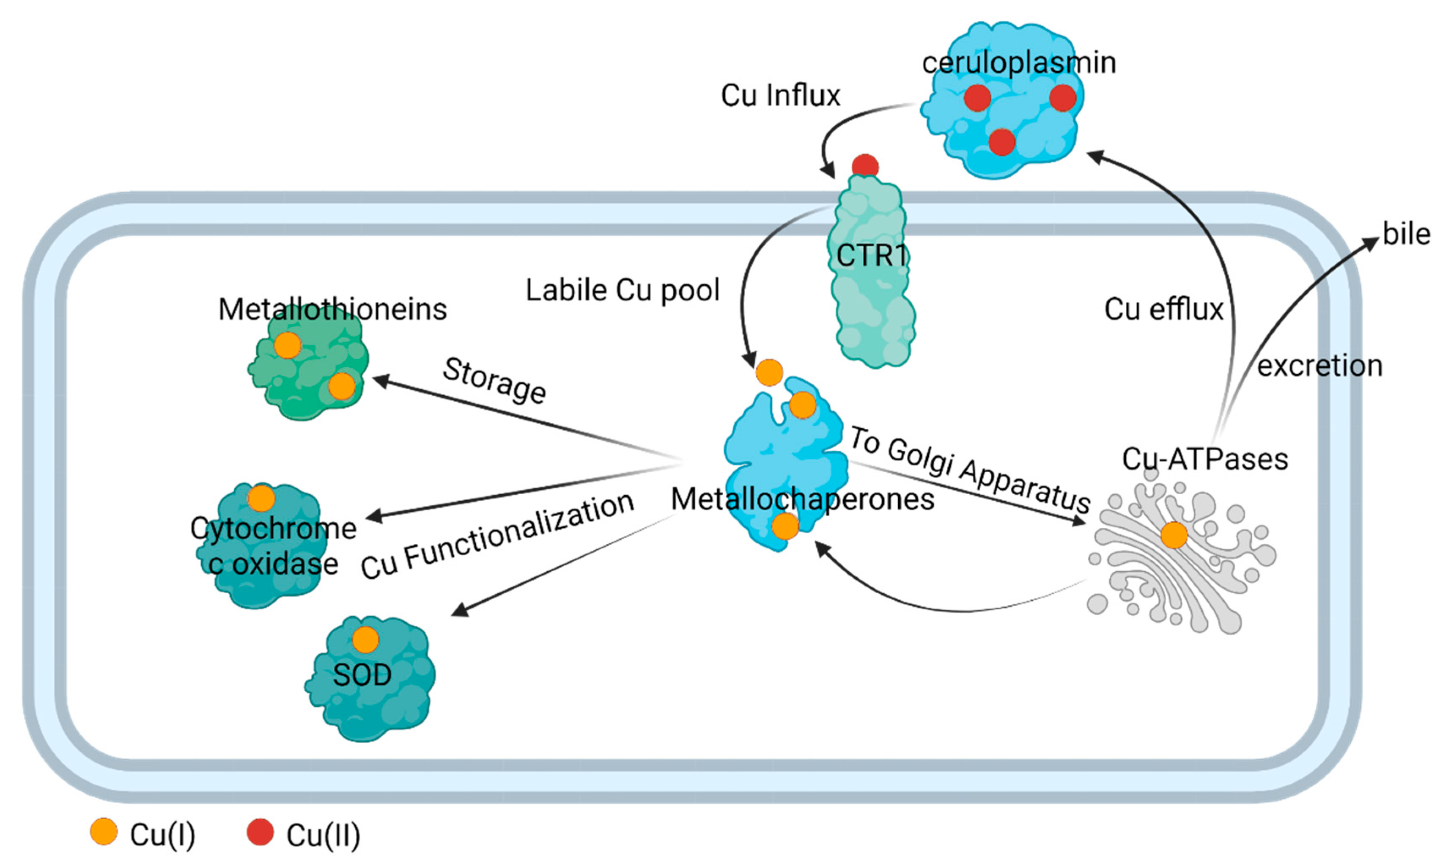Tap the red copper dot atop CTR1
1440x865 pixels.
pyautogui.click(x=865, y=166)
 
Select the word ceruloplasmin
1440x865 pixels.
pyautogui.click(x=1019, y=62)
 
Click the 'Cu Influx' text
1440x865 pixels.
pyautogui.click(x=781, y=95)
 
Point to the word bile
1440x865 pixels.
pyautogui.click(x=1406, y=234)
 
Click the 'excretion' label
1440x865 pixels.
pyautogui.click(x=1320, y=366)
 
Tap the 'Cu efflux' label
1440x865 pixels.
pyautogui.click(x=1164, y=309)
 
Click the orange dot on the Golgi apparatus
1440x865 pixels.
pyautogui.click(x=1174, y=535)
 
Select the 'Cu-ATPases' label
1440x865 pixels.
pyautogui.click(x=1205, y=459)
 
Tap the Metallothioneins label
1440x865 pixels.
pyautogui.click(x=332, y=309)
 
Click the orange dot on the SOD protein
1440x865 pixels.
pyautogui.click(x=365, y=640)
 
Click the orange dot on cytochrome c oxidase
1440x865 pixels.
pyautogui.click(x=261, y=499)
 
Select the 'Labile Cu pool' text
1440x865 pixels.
pyautogui.click(x=623, y=290)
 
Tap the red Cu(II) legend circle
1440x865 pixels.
pyautogui.click(x=260, y=831)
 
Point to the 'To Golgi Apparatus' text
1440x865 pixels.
pyautogui.click(x=969, y=469)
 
